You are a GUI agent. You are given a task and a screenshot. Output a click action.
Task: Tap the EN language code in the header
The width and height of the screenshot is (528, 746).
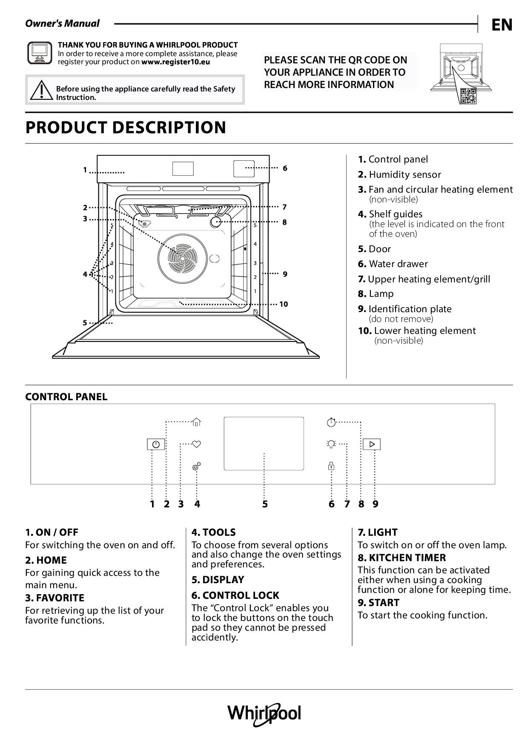click(x=502, y=25)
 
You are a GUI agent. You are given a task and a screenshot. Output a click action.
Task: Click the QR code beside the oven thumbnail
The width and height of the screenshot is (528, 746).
click(x=468, y=96)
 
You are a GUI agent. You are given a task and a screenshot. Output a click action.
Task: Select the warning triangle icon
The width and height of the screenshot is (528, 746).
click(x=40, y=90)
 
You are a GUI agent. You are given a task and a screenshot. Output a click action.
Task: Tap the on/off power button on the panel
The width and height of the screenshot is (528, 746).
click(x=156, y=444)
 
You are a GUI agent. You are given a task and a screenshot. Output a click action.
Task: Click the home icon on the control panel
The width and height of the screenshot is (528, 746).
click(x=196, y=422)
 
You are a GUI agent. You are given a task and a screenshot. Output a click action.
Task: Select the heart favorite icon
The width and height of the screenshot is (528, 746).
click(x=196, y=444)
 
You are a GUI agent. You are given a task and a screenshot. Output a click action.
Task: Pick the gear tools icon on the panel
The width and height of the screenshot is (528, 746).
click(x=196, y=467)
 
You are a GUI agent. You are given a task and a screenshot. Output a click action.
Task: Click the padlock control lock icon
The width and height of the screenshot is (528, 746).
click(x=331, y=466)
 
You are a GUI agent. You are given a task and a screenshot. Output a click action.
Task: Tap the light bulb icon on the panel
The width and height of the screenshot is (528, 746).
click(x=331, y=444)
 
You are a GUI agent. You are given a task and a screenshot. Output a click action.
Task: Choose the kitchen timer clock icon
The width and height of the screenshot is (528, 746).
click(x=331, y=422)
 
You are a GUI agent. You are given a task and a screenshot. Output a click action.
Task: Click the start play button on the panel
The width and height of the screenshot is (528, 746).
click(x=372, y=444)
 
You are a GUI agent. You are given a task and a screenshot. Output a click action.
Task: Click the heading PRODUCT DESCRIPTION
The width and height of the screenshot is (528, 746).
click(x=126, y=128)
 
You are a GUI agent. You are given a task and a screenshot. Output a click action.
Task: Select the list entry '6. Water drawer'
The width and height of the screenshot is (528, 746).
click(x=393, y=264)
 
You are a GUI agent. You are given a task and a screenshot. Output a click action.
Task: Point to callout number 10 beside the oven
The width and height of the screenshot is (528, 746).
click(x=284, y=304)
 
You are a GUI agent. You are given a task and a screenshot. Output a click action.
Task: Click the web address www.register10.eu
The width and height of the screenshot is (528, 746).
click(x=175, y=62)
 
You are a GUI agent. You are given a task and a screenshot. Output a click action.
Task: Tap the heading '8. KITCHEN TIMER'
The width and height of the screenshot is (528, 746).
click(x=402, y=558)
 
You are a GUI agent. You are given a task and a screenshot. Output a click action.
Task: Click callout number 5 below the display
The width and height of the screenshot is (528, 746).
click(x=265, y=504)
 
